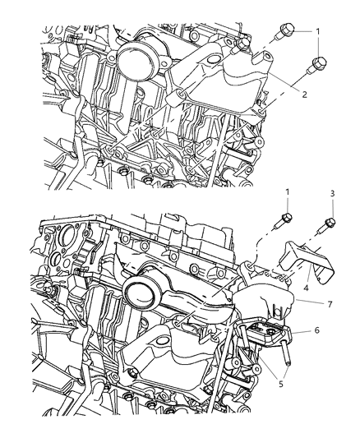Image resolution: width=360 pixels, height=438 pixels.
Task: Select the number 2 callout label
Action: pyautogui.click(x=303, y=95)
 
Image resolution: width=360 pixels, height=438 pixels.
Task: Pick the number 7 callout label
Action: pyautogui.click(x=329, y=304)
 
